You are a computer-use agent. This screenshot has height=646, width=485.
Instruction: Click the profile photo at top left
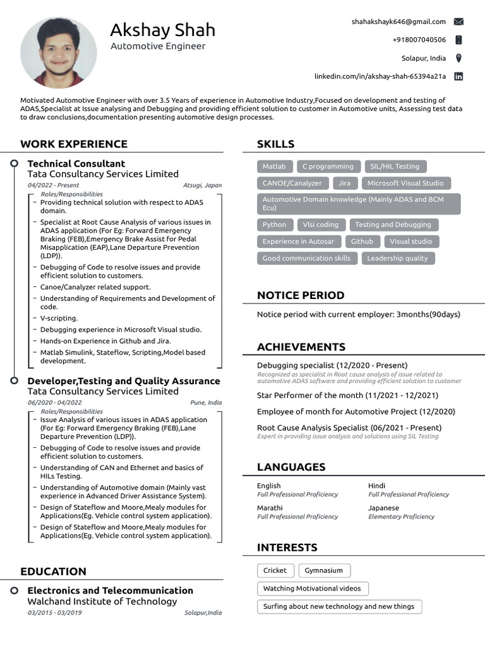pos(59,52)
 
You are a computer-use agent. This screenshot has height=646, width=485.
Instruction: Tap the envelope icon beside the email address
pos(458,21)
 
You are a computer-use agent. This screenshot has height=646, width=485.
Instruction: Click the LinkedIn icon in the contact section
pos(458,76)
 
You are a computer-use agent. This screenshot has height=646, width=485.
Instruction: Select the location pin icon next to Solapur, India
pos(458,58)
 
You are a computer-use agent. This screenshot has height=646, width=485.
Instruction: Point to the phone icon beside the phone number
pos(458,40)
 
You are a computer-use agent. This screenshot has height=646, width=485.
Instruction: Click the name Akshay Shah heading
pos(162,30)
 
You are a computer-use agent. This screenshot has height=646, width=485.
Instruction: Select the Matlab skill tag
pos(274,167)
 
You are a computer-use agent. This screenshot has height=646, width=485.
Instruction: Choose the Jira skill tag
pos(344,183)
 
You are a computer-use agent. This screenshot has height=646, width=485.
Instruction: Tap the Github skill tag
pos(362,241)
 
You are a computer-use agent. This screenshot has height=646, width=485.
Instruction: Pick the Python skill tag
pos(274,225)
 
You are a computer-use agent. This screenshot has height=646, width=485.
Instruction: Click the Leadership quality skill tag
pos(397,258)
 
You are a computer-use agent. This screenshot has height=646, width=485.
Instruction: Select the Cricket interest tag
pos(275,570)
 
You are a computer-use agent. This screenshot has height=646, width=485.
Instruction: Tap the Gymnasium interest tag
pos(324,570)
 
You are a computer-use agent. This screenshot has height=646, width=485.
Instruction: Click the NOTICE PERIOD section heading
pos(301,295)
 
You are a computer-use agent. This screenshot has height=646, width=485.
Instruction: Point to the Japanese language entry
pos(383,508)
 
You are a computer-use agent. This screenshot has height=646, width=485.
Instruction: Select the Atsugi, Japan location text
pos(202,185)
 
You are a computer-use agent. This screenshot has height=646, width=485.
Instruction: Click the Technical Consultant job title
pos(76,163)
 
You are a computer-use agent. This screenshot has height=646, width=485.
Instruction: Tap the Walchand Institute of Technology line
pos(102,601)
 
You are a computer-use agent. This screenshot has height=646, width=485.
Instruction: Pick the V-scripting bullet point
pos(59,318)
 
